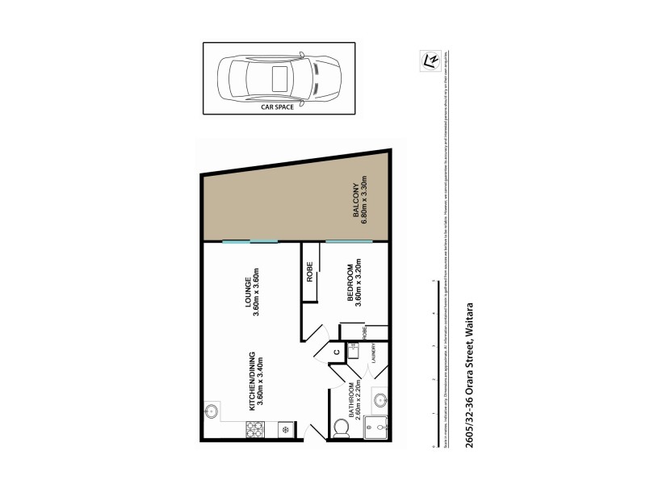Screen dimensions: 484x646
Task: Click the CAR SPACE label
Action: coord(276,106)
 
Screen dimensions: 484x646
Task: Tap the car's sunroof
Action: coord(281,78)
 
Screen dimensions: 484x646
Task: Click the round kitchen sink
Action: coord(212,411)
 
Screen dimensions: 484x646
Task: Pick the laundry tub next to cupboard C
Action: coord(353,349)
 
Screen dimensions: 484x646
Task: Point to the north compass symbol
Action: coord(431,60)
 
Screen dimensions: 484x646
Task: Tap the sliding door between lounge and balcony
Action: coord(250,241)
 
